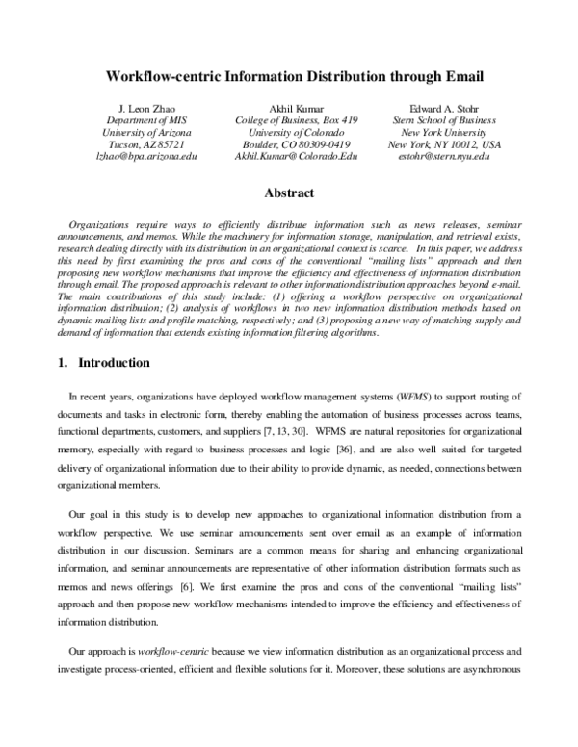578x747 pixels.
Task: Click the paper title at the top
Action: [288, 74]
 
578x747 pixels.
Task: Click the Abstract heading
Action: [289, 193]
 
